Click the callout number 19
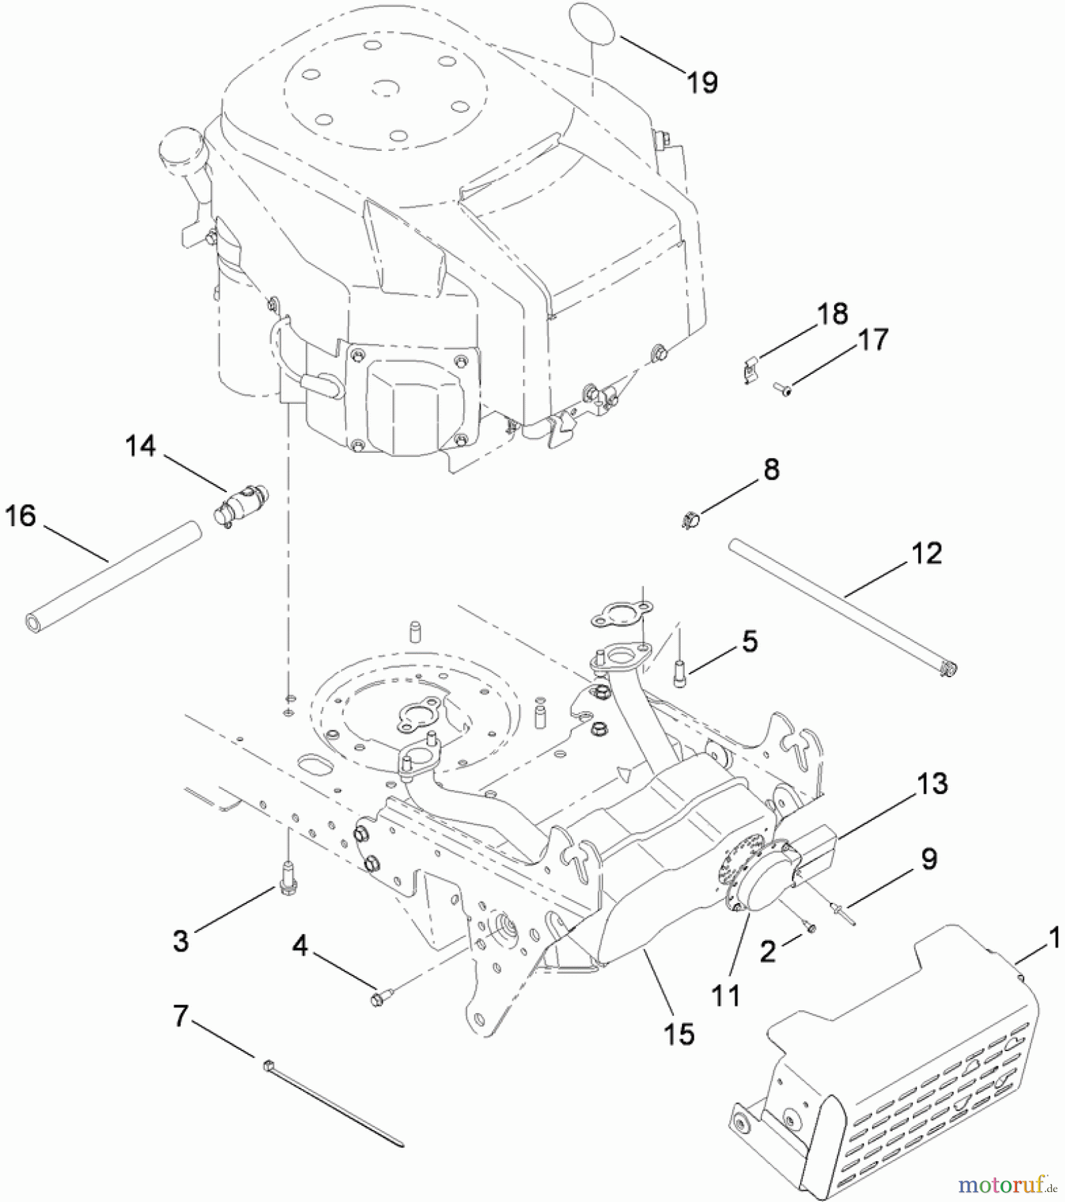702,83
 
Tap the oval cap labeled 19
593,24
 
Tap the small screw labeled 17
781,388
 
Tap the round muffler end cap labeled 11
757,880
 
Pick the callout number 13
932,783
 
